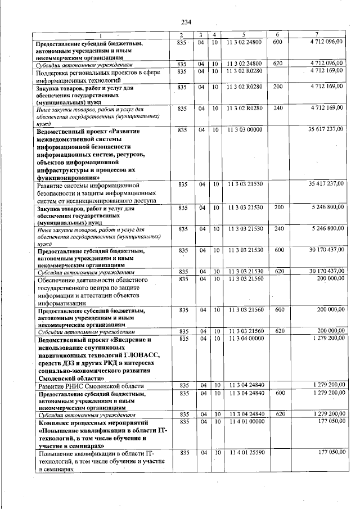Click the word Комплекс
(55, 421)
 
